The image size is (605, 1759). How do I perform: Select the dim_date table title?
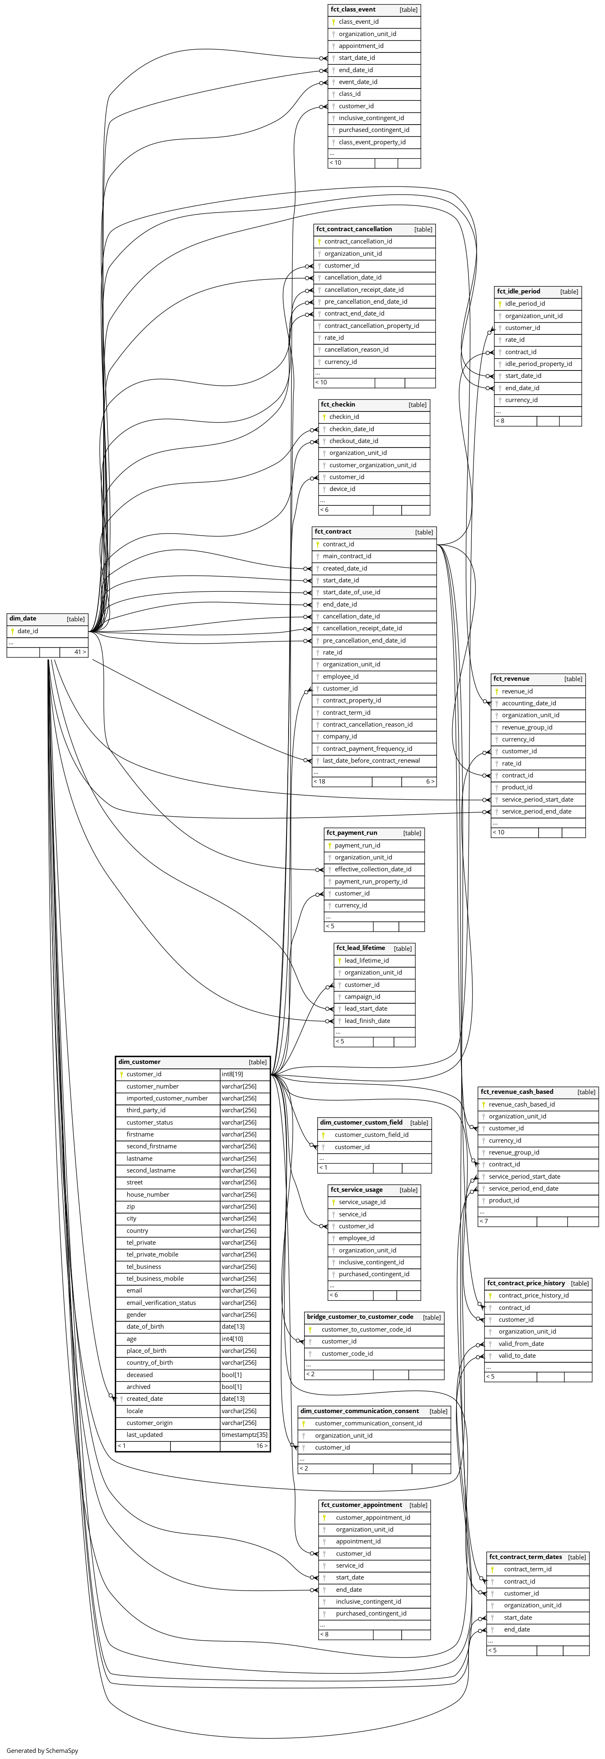(23, 619)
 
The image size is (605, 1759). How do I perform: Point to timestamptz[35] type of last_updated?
(244, 1435)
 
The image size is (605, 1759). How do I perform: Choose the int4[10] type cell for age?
(232, 1339)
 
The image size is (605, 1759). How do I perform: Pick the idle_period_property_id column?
(538, 364)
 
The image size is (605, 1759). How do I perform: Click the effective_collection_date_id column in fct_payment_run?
(373, 869)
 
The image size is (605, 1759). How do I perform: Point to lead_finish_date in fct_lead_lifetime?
(367, 1021)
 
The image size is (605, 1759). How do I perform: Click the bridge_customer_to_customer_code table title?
(360, 1316)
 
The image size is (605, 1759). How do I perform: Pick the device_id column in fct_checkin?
(342, 489)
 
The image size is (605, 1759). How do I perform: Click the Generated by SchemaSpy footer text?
(42, 1750)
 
